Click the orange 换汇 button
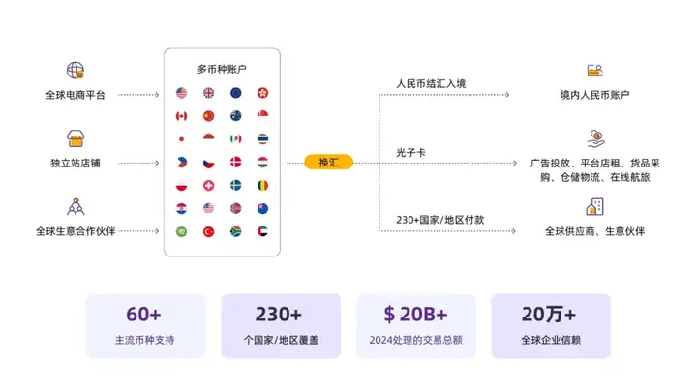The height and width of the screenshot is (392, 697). pos(328,162)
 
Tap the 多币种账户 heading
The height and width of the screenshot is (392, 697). pos(222,70)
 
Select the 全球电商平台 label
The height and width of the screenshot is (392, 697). pos(75,95)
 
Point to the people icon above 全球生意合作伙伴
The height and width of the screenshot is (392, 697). pos(75,206)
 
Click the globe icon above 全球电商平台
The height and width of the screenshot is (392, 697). pos(75,71)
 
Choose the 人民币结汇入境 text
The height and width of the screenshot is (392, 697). pos(431,83)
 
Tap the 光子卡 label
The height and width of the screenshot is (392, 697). pos(410,152)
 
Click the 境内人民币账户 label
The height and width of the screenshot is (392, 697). pos(594,95)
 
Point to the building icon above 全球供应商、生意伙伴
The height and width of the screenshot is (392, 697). pos(594,207)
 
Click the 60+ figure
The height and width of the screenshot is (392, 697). pos(144,314)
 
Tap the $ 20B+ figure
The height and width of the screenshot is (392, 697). pos(415,314)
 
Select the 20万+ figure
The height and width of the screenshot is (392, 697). pos(549,314)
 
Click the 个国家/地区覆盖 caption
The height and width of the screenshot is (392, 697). pos(280,340)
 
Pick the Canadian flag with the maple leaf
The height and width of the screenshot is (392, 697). pos(181,116)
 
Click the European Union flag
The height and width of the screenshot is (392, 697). pos(235,93)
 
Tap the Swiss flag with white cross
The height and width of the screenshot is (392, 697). pos(208,185)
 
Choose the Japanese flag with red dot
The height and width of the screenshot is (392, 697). pos(181,139)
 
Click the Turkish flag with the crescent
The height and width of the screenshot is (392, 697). pos(208,231)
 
